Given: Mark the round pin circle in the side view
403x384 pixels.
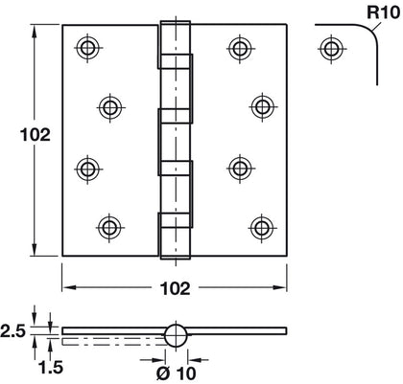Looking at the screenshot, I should pos(175,335).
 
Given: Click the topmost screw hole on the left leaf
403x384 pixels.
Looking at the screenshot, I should pos(88,48).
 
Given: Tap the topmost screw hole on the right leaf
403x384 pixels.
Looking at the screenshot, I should pos(239,48).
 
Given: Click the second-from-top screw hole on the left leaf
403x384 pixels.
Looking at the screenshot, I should pos(110,104).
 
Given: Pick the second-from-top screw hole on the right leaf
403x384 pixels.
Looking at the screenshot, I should pos(261,104).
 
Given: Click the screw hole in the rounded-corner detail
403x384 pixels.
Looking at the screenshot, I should pos(331,48).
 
